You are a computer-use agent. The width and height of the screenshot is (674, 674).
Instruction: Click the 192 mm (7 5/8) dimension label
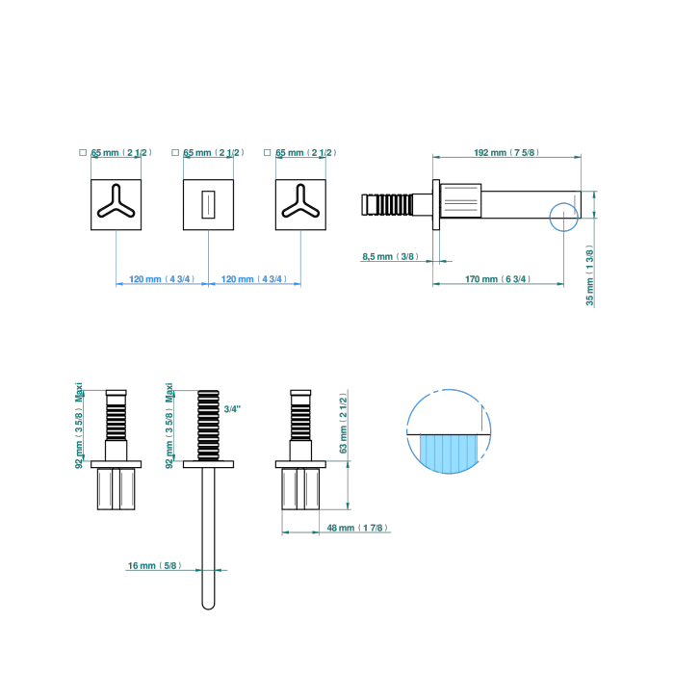coord(507,152)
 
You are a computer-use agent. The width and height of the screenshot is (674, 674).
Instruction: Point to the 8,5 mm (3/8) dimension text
coord(389,256)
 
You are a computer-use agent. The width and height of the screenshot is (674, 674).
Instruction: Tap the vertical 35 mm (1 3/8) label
coord(589,276)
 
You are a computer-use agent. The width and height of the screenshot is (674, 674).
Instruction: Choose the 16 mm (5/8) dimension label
coord(154,566)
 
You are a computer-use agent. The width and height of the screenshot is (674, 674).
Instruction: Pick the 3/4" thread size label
coord(232,409)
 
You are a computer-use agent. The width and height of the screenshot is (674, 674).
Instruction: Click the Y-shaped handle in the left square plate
coord(116,204)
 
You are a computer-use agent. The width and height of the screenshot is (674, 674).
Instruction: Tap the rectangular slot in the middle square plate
coord(207,205)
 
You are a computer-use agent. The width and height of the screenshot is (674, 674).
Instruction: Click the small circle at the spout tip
coord(564,217)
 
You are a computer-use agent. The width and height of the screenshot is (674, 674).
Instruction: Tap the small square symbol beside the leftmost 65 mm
coord(83,152)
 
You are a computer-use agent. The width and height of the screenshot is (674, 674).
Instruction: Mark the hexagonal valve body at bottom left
coord(116,488)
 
